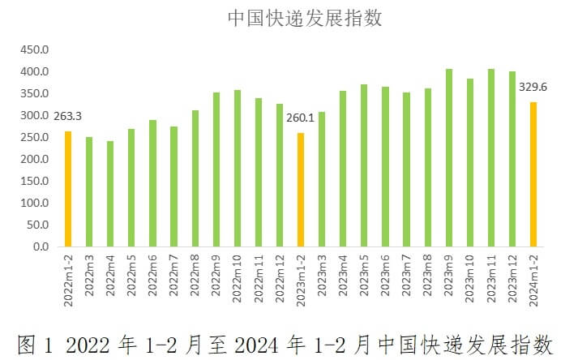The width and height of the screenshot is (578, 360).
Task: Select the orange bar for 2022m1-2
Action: tap(68, 189)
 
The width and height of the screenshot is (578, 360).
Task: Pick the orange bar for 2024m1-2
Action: tap(533, 174)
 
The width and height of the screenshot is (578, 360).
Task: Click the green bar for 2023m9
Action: tap(448, 157)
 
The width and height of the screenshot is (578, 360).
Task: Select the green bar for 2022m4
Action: tap(110, 194)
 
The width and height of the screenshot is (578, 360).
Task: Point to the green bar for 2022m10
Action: tap(237, 168)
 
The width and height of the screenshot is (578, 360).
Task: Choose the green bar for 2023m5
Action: tap(363, 165)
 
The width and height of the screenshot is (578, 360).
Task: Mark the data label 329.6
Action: tap(532, 87)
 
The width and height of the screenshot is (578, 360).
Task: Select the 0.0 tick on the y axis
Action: tap(41, 246)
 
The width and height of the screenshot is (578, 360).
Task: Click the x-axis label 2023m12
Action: tap(512, 278)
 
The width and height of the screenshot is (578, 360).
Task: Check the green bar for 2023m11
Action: tap(490, 157)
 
